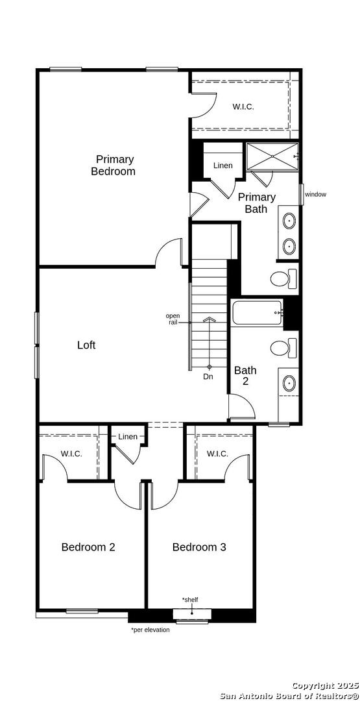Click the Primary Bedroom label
tap(113, 165)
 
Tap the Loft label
tap(86, 345)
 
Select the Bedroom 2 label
tap(88, 547)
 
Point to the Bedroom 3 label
tap(199, 547)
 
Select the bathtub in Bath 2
tap(258, 313)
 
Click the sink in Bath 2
tap(289, 383)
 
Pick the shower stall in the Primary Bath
tap(272, 156)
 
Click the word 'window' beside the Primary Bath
tap(316, 195)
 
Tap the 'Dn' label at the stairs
tap(208, 377)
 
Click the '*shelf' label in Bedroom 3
tap(189, 599)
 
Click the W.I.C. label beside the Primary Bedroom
tap(243, 106)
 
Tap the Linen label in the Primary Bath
tap(223, 166)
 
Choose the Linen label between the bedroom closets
tap(128, 436)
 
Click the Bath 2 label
tap(246, 376)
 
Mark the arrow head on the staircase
tap(209, 319)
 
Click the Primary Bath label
tap(256, 203)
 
